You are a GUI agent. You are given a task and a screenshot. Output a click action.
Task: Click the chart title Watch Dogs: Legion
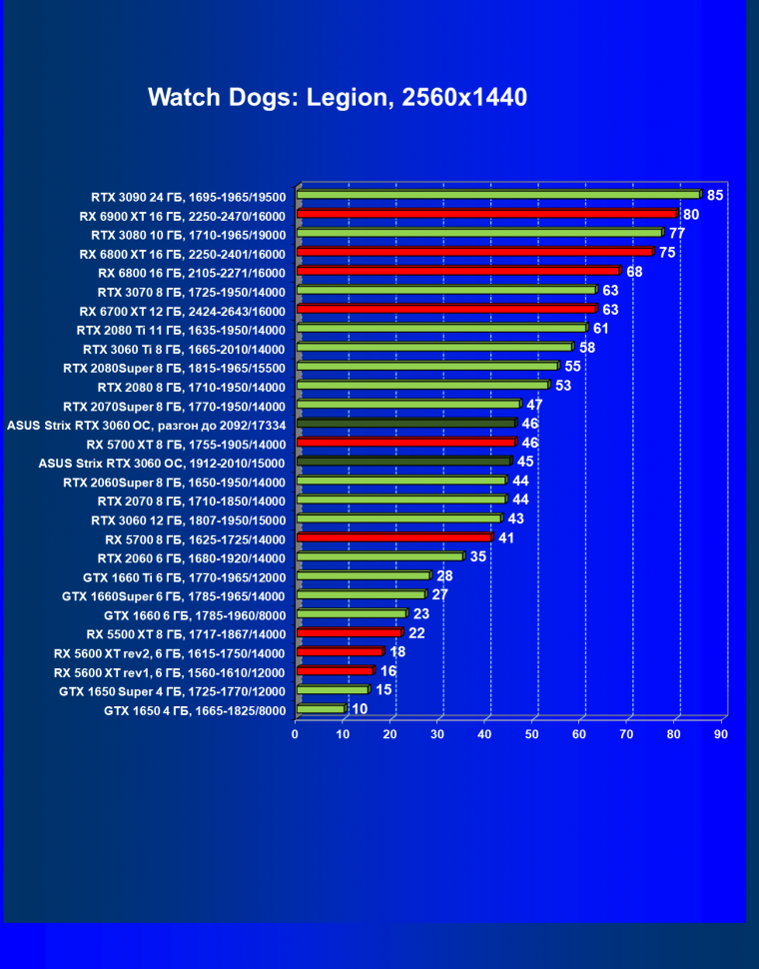click(338, 98)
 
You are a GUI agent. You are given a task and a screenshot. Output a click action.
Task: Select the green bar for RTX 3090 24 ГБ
click(498, 195)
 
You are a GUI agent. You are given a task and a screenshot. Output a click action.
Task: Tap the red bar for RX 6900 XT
click(486, 214)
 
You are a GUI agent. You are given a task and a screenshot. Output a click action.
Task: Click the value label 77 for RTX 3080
click(676, 233)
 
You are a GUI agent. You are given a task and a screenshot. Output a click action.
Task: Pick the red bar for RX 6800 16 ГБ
click(458, 271)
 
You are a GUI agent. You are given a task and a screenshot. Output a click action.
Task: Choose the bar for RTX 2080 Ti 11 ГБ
click(441, 328)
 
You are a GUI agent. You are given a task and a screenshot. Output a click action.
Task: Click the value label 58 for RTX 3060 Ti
click(587, 347)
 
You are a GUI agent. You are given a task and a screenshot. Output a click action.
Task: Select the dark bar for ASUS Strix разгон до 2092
click(405, 424)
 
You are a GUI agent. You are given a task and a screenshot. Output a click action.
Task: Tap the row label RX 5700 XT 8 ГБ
click(186, 444)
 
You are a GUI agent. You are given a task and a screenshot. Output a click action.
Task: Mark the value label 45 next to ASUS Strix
click(525, 462)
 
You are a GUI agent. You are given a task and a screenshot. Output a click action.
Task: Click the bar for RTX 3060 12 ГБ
click(398, 518)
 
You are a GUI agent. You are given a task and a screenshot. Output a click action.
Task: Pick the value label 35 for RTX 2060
click(477, 556)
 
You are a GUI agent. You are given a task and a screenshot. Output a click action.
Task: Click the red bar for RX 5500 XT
click(349, 632)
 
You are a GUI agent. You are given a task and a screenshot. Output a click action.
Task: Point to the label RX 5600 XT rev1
click(170, 672)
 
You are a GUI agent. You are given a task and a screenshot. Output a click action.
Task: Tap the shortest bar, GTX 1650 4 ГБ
click(321, 709)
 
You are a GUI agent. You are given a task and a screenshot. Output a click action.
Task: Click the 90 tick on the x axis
click(721, 735)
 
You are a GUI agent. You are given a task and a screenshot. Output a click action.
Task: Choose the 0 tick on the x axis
click(296, 735)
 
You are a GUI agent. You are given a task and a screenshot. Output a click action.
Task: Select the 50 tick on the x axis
click(532, 735)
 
